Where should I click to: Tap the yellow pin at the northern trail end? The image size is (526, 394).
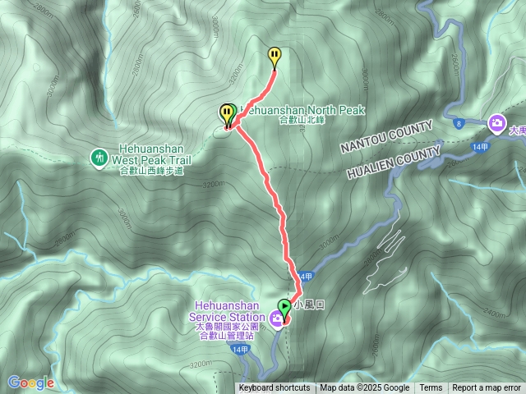(275, 56)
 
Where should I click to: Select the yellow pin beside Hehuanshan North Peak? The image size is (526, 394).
(226, 112)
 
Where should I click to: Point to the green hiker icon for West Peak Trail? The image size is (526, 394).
(99, 156)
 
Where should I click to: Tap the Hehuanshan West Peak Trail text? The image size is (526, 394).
(151, 160)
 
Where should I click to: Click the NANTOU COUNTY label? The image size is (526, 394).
(386, 137)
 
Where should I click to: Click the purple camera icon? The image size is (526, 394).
(496, 124)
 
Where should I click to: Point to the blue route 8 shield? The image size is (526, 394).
(459, 123)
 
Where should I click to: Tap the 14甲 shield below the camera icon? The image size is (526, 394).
(481, 146)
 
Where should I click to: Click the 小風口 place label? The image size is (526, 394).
(314, 305)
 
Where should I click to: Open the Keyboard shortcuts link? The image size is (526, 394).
(275, 388)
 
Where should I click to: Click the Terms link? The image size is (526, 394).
(431, 388)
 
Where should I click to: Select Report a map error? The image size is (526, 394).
(487, 388)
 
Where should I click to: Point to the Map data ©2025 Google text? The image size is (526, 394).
(365, 388)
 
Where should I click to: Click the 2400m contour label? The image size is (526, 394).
(473, 313)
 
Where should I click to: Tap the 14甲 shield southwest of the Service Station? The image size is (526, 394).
(239, 350)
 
